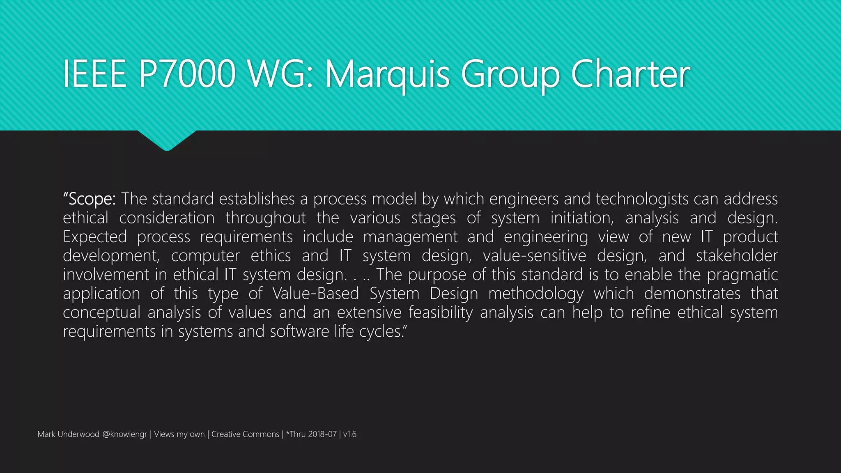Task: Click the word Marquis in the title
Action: coord(388,75)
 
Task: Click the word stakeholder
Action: coord(737,256)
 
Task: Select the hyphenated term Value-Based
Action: coord(315,294)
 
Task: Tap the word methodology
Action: coord(535,294)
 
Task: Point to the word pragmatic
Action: coord(742,275)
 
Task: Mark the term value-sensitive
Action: coord(534,256)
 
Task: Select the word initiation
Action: coord(582,218)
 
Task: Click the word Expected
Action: coord(95,237)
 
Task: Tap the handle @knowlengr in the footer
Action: coord(124,434)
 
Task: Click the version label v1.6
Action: coord(350,434)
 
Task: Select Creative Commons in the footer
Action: coord(245,434)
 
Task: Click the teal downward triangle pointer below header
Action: coord(167,140)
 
